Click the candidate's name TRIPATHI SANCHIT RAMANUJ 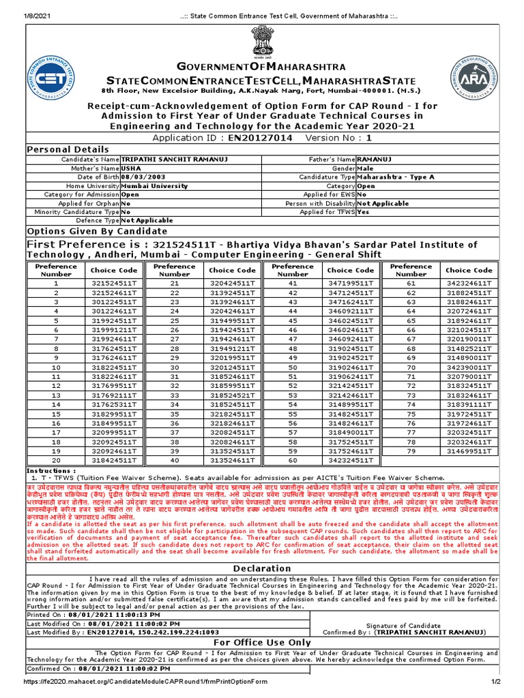174,159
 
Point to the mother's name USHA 132,168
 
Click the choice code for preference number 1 115,282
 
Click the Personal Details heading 67,149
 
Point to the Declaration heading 262,568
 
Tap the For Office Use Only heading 262,642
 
